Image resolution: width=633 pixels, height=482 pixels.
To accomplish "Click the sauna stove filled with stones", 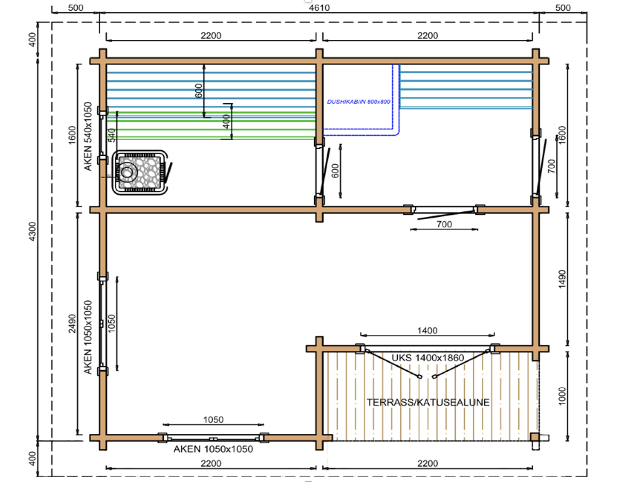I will click(x=140, y=172).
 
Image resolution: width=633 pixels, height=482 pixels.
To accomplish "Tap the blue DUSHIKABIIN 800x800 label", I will click(x=358, y=102).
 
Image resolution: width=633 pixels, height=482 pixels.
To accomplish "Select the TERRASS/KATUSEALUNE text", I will click(x=428, y=402).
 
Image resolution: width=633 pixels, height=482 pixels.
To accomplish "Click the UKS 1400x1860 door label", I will click(x=427, y=358).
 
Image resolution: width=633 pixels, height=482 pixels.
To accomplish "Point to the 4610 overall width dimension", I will click(x=319, y=8).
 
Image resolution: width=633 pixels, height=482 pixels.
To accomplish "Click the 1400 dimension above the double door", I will click(x=427, y=331).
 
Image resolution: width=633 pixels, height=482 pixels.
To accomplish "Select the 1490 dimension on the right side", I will click(x=562, y=279).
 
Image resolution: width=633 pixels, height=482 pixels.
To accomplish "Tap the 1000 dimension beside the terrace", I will click(x=562, y=396).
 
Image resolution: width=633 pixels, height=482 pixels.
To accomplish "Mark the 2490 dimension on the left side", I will click(x=72, y=323).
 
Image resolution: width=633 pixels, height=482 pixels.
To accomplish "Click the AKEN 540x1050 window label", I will click(x=88, y=136).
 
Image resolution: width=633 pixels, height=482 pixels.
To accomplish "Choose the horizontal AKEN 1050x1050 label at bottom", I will click(x=213, y=449).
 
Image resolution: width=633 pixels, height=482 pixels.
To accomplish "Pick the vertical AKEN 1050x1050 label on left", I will click(x=88, y=337).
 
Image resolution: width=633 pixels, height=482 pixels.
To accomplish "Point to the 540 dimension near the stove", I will click(x=112, y=135).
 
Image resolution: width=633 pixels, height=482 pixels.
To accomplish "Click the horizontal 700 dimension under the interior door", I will click(x=444, y=224).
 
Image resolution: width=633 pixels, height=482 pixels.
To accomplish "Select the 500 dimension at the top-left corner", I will click(x=75, y=8).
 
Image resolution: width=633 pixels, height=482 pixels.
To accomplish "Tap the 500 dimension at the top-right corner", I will click(x=563, y=8).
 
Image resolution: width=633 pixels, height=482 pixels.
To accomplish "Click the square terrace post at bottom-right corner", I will click(x=535, y=437).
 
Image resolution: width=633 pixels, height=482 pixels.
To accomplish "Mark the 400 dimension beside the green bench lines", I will click(x=226, y=121).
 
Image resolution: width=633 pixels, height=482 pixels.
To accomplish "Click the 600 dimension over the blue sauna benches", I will click(x=198, y=91).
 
